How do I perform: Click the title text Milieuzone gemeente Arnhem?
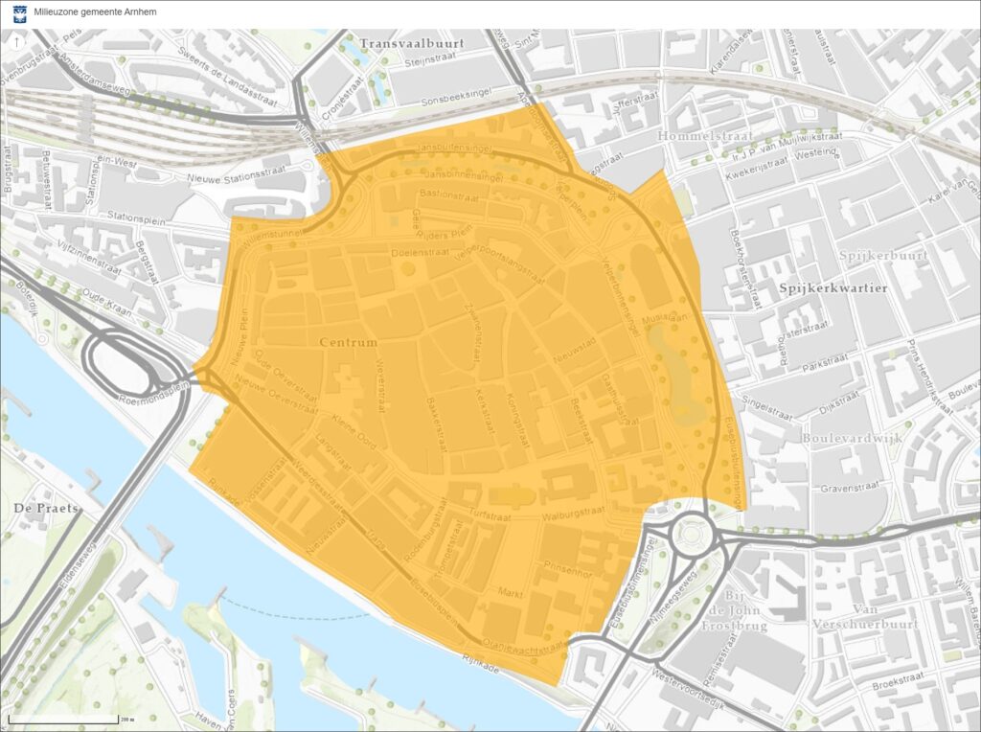[x=95, y=12]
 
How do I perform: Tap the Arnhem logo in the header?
[x=19, y=12]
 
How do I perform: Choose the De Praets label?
[x=46, y=506]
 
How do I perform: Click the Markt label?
[x=510, y=594]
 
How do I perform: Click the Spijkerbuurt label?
[x=871, y=256]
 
